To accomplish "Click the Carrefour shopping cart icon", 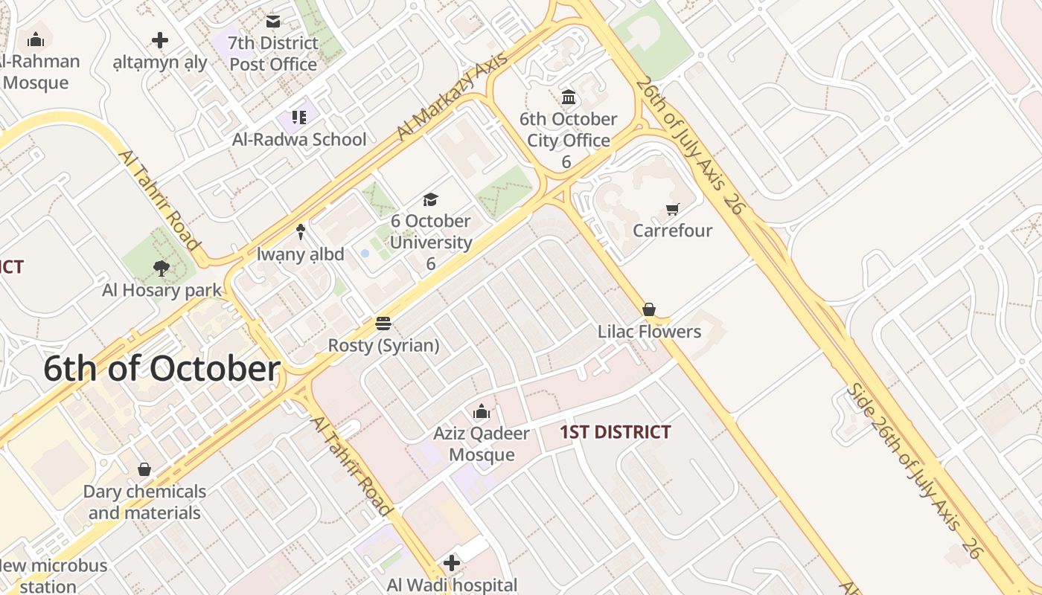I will pos(673,210).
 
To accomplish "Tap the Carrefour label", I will pos(673,231).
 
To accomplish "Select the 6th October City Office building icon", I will pos(569,97).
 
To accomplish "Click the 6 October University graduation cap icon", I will pos(430,199).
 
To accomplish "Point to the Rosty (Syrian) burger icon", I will pos(383,324).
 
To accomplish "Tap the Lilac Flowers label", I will pos(649,332).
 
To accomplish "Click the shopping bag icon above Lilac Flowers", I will pos(649,309).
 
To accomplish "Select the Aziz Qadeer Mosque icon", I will pos(482,411).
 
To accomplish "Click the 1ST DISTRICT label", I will pos(616,432).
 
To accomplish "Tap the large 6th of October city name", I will pos(162,369).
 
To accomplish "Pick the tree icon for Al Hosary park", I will pos(161,268).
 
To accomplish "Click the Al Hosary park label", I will pos(162,290).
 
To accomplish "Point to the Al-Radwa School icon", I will pos(299,117).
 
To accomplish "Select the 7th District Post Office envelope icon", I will pos(273,22).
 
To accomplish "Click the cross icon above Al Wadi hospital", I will pos(451,563).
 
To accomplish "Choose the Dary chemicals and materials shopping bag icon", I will pos(144,469).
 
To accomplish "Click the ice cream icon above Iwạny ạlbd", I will pos(301,232).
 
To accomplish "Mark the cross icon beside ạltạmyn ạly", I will pos(159,40).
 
